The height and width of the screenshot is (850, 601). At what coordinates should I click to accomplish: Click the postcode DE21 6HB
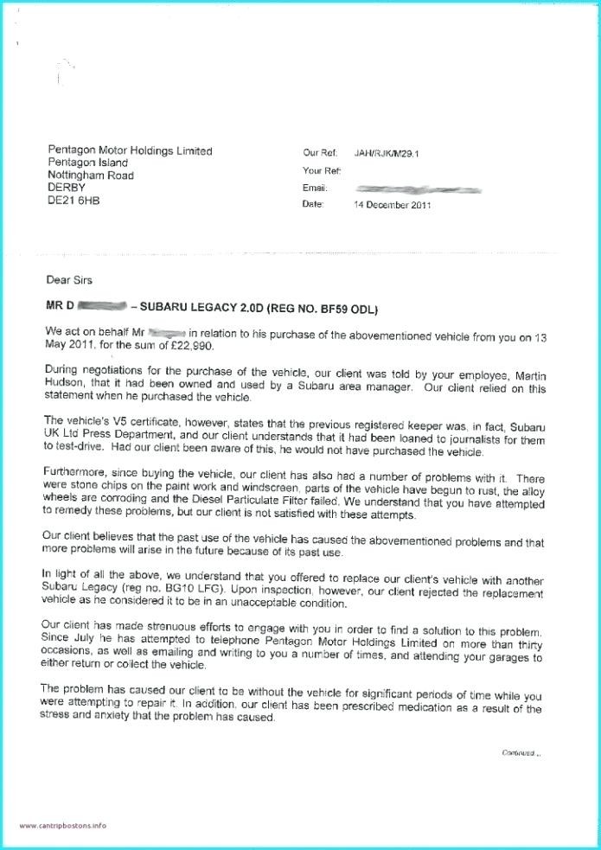pyautogui.click(x=74, y=200)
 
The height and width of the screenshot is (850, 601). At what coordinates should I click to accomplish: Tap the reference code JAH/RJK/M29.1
pyautogui.click(x=390, y=153)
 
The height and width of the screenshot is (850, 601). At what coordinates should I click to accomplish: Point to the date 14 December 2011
pyautogui.click(x=393, y=205)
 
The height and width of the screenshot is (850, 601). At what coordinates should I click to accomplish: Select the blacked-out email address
pyautogui.click(x=418, y=188)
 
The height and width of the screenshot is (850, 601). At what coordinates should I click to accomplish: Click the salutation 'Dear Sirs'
pyautogui.click(x=69, y=280)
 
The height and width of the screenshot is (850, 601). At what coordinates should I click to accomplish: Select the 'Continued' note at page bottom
pyautogui.click(x=520, y=753)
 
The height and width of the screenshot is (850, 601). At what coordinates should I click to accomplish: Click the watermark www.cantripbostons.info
pyautogui.click(x=64, y=826)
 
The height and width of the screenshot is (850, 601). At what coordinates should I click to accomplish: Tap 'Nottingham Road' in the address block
pyautogui.click(x=91, y=176)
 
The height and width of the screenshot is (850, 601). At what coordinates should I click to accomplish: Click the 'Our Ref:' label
pyautogui.click(x=321, y=153)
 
